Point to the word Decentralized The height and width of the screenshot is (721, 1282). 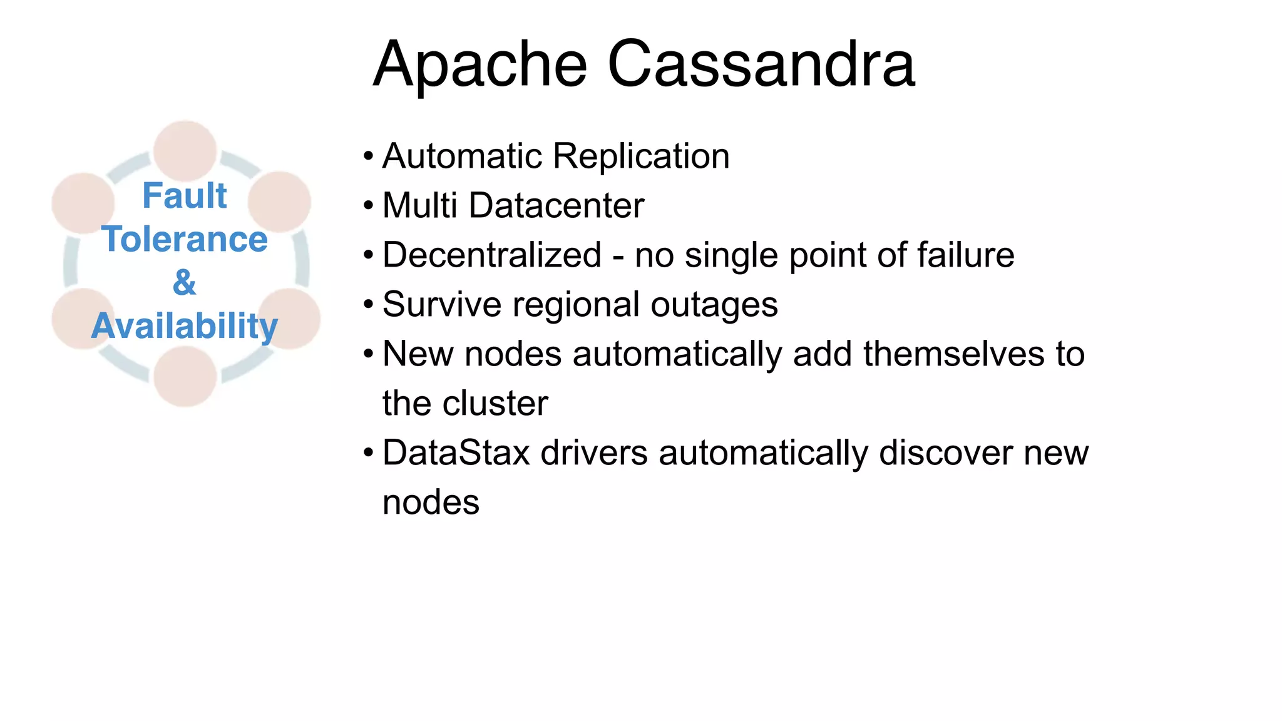coord(492,255)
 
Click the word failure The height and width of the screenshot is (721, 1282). coord(965,255)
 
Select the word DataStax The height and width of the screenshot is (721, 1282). coord(456,453)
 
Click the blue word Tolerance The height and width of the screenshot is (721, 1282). coord(185,239)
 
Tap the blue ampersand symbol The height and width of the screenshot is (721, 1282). coord(184,282)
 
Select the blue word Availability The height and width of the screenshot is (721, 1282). coord(184,326)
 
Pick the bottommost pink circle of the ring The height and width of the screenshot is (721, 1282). coord(185,377)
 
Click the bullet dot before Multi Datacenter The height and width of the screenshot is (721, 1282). coord(368,206)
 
